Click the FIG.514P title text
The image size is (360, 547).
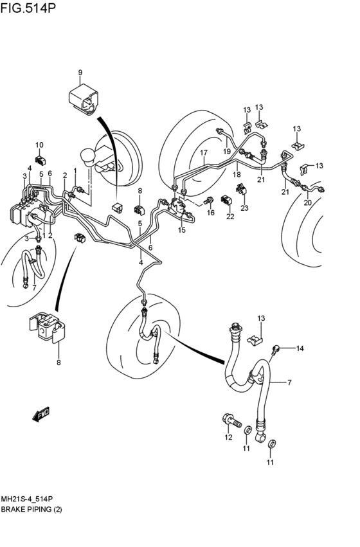(x=28, y=7)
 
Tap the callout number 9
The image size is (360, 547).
(x=80, y=73)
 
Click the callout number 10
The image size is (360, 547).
(x=39, y=145)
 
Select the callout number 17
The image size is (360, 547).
(x=204, y=152)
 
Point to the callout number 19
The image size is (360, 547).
(x=227, y=152)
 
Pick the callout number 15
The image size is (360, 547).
(x=182, y=230)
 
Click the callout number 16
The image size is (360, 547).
(x=210, y=213)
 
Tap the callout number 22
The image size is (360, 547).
(x=230, y=217)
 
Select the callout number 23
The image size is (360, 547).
(x=244, y=208)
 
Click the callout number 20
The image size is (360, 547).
(x=307, y=202)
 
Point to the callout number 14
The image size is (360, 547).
(x=300, y=348)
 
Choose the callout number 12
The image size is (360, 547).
(x=228, y=437)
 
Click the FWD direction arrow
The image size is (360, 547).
(x=40, y=415)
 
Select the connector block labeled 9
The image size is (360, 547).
(x=83, y=98)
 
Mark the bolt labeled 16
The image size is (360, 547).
(x=208, y=201)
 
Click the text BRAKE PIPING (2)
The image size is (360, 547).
(x=32, y=509)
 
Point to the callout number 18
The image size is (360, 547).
(x=237, y=174)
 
